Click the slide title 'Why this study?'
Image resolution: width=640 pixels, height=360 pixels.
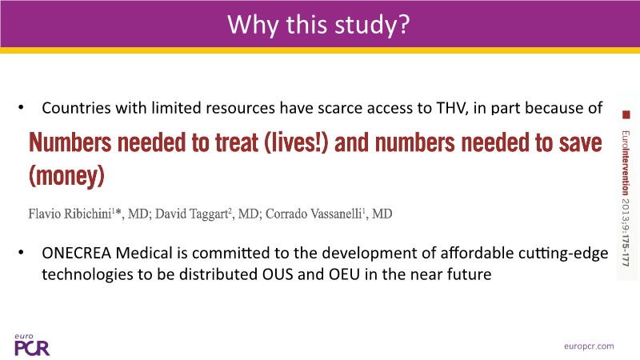pos(318,25)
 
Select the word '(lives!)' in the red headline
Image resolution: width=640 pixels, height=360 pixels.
pos(296,142)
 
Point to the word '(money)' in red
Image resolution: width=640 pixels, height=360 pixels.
pos(66,176)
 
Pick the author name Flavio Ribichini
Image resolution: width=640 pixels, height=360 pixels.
pos(70,214)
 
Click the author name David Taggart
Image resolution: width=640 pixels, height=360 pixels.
pos(191,214)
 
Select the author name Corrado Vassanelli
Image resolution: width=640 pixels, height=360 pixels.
pos(314,214)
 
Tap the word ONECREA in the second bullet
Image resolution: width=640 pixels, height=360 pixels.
pos(76,253)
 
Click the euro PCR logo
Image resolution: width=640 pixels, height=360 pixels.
pos(32,345)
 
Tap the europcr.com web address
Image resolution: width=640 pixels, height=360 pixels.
pos(589,346)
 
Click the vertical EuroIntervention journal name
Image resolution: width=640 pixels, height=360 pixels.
pos(626,163)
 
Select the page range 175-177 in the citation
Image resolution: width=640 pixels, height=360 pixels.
pos(626,250)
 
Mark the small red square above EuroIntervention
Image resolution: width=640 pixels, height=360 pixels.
pos(626,115)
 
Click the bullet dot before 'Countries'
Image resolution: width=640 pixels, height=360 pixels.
pos(22,108)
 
